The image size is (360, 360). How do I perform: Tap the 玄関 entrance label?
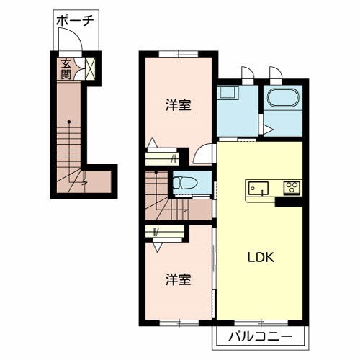click(66, 68)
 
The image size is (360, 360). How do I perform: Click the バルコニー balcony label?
click(260, 336)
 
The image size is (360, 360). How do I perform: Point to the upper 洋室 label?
click(179, 106)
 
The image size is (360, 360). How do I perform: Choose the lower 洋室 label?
click(179, 279)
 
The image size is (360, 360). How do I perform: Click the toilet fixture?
click(181, 183)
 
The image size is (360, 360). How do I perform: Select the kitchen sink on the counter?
click(257, 188)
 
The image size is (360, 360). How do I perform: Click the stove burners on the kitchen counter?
click(292, 188)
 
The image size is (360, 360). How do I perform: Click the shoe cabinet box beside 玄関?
click(91, 69)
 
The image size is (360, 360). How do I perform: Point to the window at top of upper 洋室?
click(179, 53)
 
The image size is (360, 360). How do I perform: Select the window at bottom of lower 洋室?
click(179, 321)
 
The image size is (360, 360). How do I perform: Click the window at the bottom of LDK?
click(260, 321)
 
